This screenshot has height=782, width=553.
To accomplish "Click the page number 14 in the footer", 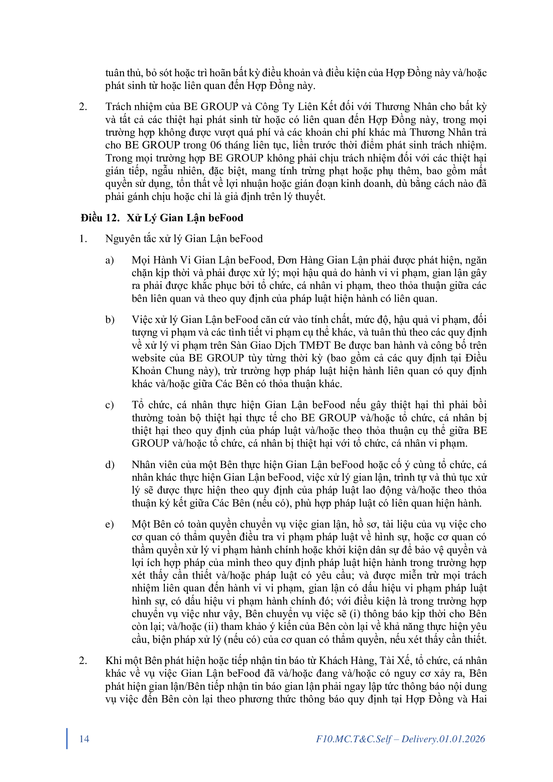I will [84, 739].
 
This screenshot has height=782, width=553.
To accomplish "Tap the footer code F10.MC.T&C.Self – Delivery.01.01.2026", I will [401, 739].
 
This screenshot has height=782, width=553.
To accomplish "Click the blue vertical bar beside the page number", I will [67, 739].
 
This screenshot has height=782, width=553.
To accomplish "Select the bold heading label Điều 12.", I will [100, 218].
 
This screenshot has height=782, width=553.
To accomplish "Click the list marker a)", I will [109, 260].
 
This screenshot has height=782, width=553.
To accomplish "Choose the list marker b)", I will [110, 320].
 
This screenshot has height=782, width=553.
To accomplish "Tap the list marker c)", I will [109, 405].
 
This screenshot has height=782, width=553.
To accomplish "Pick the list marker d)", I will [110, 465].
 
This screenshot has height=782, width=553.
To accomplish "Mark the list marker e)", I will [109, 525].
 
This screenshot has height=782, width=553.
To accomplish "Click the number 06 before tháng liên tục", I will [216, 145].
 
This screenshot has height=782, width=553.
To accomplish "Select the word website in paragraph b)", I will [149, 358].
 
